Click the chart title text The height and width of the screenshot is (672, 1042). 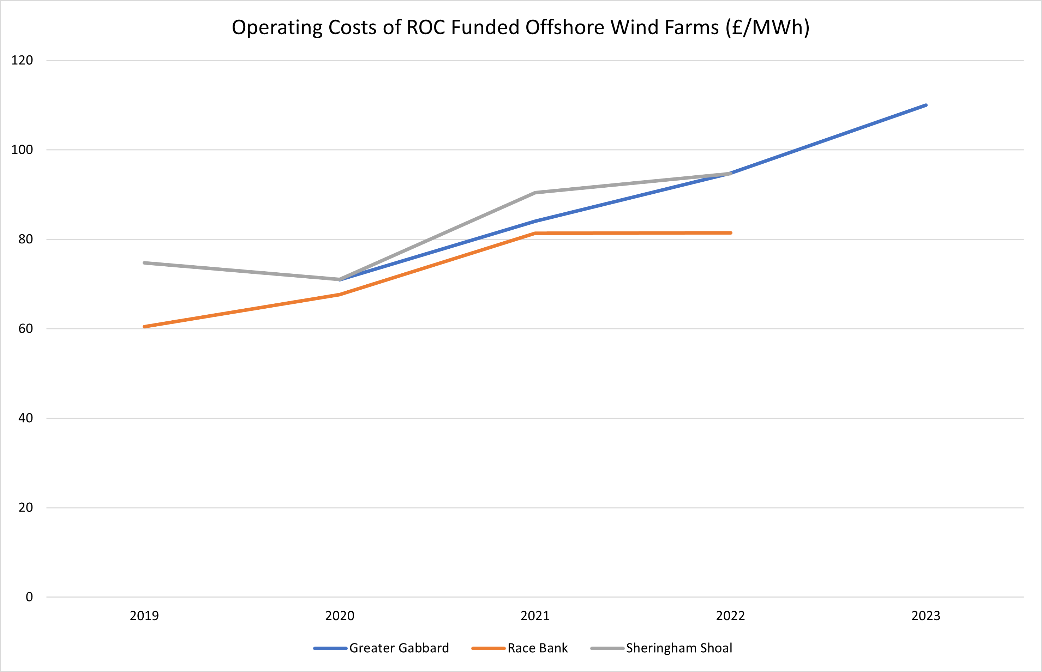click(520, 28)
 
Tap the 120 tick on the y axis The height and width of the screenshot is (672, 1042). click(22, 60)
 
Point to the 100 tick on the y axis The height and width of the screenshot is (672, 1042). click(22, 150)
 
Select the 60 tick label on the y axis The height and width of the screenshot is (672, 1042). click(25, 328)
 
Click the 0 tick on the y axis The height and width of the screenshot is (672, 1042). click(29, 597)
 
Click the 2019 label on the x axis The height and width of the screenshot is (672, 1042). click(144, 616)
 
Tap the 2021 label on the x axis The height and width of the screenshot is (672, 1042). click(535, 616)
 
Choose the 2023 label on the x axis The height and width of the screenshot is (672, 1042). click(926, 616)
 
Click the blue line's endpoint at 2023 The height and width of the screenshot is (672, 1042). click(926, 105)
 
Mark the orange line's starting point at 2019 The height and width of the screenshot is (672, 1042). click(144, 326)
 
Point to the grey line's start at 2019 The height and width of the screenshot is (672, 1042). click(144, 263)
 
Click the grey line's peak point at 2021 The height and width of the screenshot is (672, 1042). click(535, 193)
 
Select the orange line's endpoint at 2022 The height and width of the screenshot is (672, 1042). click(731, 233)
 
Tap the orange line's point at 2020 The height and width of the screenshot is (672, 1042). click(340, 295)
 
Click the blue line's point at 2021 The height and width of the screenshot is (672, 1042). click(535, 221)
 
